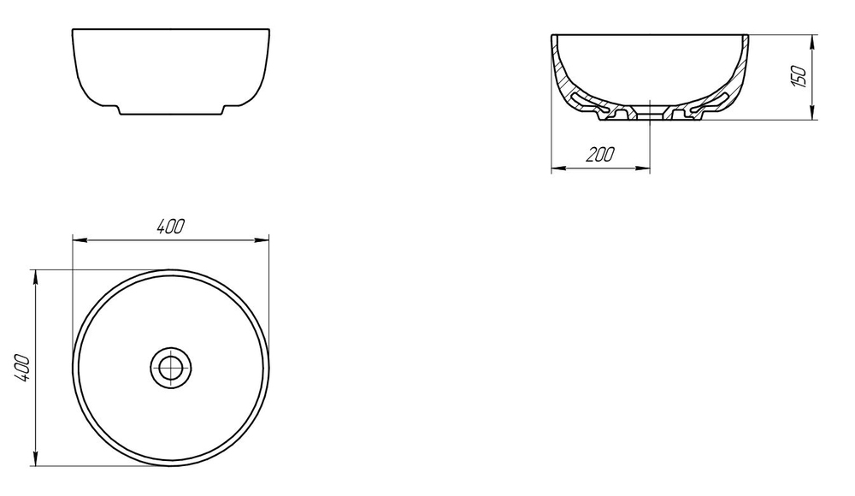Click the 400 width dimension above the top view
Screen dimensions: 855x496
pyautogui.click(x=171, y=227)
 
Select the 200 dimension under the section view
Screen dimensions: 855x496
pyautogui.click(x=600, y=155)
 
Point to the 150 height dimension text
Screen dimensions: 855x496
pyautogui.click(x=797, y=76)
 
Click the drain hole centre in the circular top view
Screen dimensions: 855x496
pyautogui.click(x=171, y=368)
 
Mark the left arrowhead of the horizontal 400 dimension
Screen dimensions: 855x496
pyautogui.click(x=80, y=239)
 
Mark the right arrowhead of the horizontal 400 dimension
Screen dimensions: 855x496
pyautogui.click(x=262, y=239)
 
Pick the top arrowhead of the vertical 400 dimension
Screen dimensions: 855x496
pyautogui.click(x=35, y=276)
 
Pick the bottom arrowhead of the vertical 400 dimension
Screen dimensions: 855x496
pyautogui.click(x=35, y=459)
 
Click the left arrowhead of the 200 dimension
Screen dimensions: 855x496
pyautogui.click(x=558, y=168)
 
